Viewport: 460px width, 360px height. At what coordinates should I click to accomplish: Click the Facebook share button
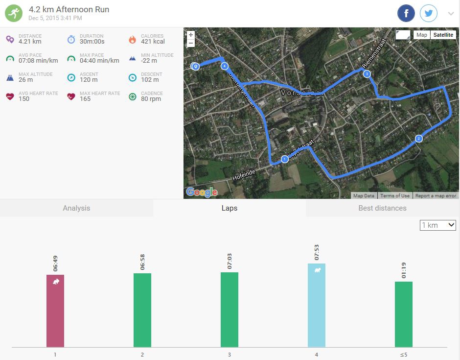(406, 14)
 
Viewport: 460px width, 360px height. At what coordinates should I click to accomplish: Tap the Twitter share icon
(429, 14)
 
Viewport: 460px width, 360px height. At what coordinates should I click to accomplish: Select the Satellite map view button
(443, 35)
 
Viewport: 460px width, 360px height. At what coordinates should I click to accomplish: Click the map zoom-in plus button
(191, 35)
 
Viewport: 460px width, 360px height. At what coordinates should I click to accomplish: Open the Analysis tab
(76, 208)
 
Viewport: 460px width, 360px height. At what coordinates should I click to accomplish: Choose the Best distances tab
(382, 208)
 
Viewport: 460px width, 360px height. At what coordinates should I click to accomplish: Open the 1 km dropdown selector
(438, 225)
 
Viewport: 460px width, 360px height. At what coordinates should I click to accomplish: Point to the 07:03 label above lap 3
(230, 261)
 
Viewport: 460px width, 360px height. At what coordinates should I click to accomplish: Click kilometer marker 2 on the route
(418, 139)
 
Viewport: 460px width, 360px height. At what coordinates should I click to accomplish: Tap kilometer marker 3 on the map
(367, 74)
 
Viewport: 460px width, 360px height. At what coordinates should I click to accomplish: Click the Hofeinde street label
(244, 174)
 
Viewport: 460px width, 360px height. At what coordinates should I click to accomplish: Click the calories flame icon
(132, 39)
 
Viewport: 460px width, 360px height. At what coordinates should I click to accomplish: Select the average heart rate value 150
(24, 99)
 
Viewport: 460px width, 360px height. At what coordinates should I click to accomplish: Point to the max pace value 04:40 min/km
(99, 61)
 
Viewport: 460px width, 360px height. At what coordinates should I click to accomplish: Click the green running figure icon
(14, 13)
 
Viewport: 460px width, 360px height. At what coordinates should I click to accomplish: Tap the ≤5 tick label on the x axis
(404, 355)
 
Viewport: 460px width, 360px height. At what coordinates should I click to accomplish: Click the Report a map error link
(436, 196)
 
